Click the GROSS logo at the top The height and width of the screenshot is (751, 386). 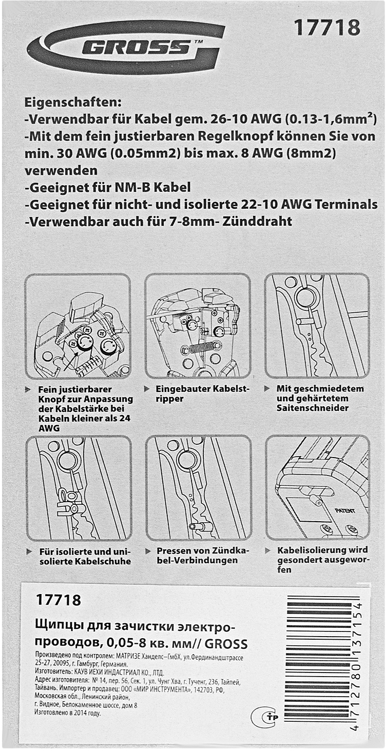tap(126, 47)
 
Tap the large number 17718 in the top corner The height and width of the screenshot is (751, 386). tap(327, 28)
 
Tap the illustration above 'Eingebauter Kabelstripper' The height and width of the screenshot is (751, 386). tap(198, 326)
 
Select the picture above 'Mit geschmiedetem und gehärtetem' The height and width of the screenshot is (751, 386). tap(317, 326)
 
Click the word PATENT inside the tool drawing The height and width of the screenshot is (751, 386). tap(345, 510)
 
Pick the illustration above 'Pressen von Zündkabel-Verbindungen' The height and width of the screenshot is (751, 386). tap(199, 488)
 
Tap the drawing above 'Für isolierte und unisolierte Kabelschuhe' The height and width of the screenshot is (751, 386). tap(79, 488)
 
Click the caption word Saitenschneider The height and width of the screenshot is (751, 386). tap(313, 408)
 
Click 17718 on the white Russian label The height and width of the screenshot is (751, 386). tap(59, 600)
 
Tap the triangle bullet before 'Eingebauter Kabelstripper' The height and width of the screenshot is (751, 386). tap(147, 389)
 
